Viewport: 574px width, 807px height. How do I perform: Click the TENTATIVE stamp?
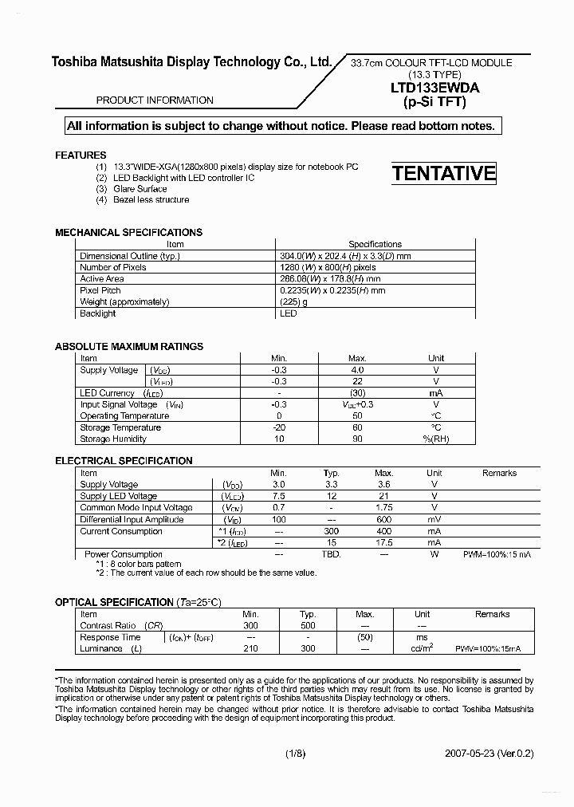tap(443, 173)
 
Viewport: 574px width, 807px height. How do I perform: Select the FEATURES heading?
tap(81, 155)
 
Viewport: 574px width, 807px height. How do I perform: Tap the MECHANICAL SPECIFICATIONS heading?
tap(128, 232)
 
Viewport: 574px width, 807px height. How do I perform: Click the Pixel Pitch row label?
tap(100, 291)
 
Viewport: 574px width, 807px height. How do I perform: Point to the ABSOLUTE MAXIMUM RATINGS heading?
tap(128, 347)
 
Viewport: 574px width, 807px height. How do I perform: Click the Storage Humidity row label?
tap(113, 439)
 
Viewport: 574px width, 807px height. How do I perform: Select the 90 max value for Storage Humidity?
tap(357, 439)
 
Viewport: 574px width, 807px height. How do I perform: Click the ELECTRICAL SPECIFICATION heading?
tap(124, 461)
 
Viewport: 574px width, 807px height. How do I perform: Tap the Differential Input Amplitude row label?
tap(132, 519)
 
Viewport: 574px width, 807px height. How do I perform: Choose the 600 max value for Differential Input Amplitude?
tap(383, 519)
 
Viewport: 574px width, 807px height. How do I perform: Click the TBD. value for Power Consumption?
tap(331, 554)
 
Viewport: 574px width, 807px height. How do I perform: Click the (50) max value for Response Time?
tap(364, 637)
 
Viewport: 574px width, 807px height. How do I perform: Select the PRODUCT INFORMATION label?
tap(155, 100)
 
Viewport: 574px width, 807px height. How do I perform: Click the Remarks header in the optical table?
tap(492, 614)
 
